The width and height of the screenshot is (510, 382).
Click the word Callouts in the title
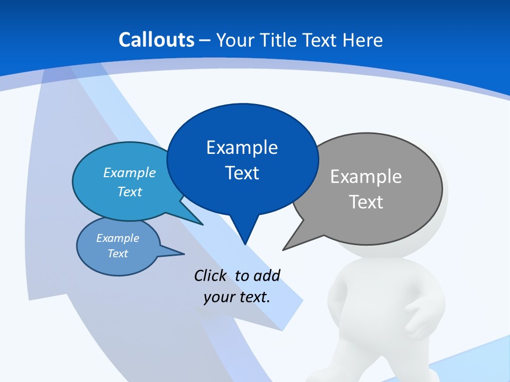pyautogui.click(x=157, y=40)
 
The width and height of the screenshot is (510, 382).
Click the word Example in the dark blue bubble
pyautogui.click(x=242, y=147)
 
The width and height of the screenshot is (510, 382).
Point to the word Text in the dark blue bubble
pyautogui.click(x=242, y=173)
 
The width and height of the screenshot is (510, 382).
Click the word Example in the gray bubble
pyautogui.click(x=366, y=176)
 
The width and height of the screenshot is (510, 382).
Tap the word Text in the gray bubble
pyautogui.click(x=366, y=202)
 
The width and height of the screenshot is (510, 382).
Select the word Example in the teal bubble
pyautogui.click(x=130, y=172)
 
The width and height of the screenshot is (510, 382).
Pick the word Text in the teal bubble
pyautogui.click(x=130, y=192)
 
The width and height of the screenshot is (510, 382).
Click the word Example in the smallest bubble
pyautogui.click(x=118, y=238)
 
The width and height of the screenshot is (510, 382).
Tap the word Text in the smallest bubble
pyautogui.click(x=118, y=254)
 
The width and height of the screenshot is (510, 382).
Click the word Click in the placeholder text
pyautogui.click(x=211, y=275)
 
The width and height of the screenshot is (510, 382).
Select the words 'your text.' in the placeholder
pyautogui.click(x=237, y=297)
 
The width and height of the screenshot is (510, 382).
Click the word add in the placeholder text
pyautogui.click(x=266, y=275)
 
